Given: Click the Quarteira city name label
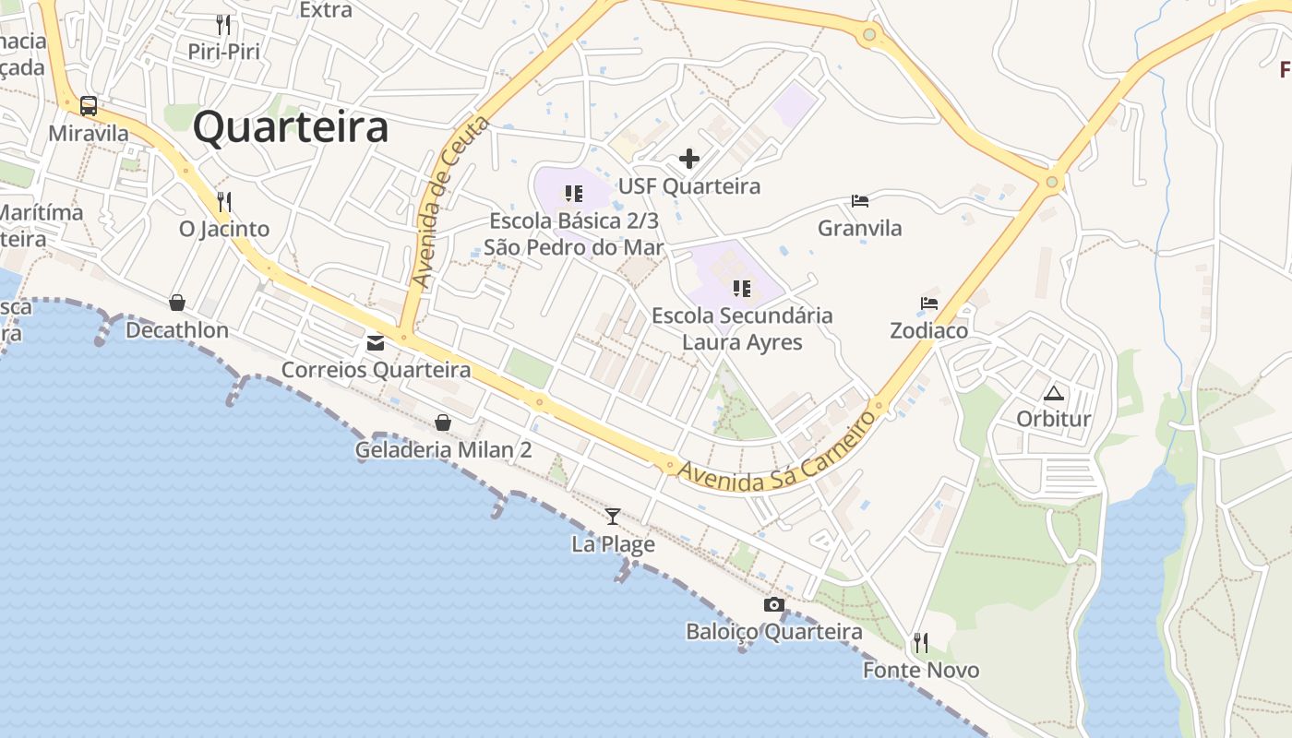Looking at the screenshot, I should click(x=291, y=127).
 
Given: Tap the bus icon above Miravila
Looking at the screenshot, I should click(x=89, y=106).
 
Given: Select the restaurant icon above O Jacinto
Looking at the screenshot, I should click(x=223, y=201).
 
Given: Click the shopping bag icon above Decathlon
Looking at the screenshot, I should click(x=177, y=303).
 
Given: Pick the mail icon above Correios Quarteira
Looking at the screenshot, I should click(x=376, y=343).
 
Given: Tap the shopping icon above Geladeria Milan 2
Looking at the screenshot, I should click(x=443, y=423).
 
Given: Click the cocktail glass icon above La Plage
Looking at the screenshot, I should click(x=613, y=517).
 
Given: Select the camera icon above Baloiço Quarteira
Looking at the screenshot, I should click(x=774, y=605).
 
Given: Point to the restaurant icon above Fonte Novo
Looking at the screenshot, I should click(x=920, y=642).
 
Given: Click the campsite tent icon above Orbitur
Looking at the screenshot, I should click(x=1054, y=393).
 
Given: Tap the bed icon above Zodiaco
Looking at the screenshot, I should click(x=929, y=303).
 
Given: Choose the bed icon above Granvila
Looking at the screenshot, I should click(x=860, y=201).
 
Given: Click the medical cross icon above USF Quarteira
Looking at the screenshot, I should click(x=689, y=159).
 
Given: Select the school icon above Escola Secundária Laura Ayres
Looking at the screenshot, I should click(x=742, y=289).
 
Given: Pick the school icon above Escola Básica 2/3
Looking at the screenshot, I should click(x=574, y=194).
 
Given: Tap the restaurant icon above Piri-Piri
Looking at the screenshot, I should click(x=223, y=24).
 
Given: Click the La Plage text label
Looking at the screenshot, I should click(x=613, y=544).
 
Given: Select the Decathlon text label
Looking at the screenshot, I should click(x=177, y=330).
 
